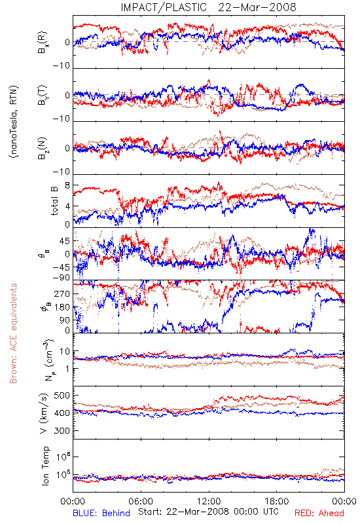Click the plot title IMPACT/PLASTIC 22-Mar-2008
click(208, 7)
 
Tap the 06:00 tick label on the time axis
click(141, 501)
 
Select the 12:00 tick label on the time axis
click(209, 501)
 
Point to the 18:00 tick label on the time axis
click(277, 501)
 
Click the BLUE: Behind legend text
click(101, 513)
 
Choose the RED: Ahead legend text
click(319, 513)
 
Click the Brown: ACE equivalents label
click(13, 333)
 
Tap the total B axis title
click(54, 201)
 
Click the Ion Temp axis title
click(45, 466)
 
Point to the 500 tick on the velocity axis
click(62, 396)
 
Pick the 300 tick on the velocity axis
click(62, 430)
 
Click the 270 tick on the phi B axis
click(62, 293)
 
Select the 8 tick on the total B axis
click(67, 185)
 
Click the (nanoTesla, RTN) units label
click(14, 121)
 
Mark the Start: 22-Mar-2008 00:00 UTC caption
click(208, 512)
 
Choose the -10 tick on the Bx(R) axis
click(62, 66)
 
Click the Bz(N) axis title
click(43, 148)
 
